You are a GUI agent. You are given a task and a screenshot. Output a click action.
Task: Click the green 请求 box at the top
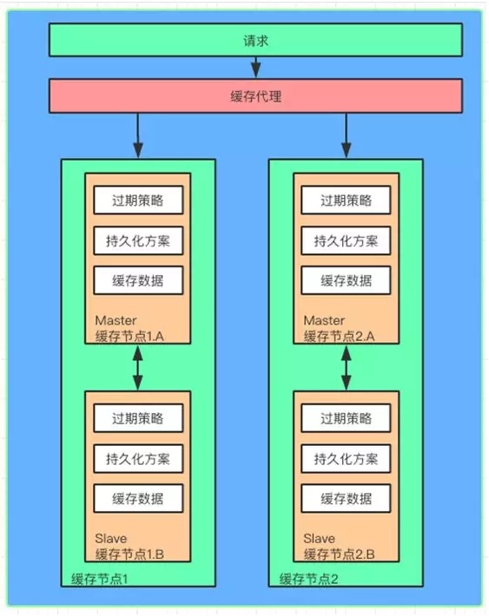pyautogui.click(x=254, y=41)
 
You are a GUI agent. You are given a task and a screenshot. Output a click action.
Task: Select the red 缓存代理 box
pyautogui.click(x=254, y=96)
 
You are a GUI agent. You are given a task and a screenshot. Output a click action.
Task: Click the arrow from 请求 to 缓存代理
pyautogui.click(x=255, y=68)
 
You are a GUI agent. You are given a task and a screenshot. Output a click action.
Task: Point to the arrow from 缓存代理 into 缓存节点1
pyautogui.click(x=137, y=136)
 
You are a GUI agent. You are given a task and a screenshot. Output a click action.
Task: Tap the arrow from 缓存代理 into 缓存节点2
pyautogui.click(x=346, y=136)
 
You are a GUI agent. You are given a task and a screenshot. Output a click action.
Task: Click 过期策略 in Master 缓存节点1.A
pyautogui.click(x=137, y=200)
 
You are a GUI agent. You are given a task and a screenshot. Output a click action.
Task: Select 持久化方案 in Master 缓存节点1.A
pyautogui.click(x=137, y=241)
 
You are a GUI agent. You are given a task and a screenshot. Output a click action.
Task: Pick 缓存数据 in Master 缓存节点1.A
pyautogui.click(x=137, y=280)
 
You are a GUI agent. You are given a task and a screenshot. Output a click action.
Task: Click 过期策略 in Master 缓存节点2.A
pyautogui.click(x=346, y=200)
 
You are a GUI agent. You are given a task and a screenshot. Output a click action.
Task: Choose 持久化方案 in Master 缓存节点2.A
pyautogui.click(x=346, y=241)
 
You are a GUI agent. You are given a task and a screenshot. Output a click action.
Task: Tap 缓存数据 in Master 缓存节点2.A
pyautogui.click(x=346, y=280)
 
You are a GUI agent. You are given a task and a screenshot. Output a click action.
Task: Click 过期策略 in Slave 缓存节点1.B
pyautogui.click(x=137, y=418)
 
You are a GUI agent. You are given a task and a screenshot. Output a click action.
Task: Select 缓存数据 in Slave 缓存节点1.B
pyautogui.click(x=137, y=499)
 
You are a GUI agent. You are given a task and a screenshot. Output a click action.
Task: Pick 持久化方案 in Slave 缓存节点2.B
pyautogui.click(x=346, y=458)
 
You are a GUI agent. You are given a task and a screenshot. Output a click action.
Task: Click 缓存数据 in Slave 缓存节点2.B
pyautogui.click(x=346, y=499)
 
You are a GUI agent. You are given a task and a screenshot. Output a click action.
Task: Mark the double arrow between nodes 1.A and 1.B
pyautogui.click(x=137, y=368)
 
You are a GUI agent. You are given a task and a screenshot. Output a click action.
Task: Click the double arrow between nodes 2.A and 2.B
pyautogui.click(x=346, y=368)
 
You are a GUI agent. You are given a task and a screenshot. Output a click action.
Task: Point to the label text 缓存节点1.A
pyautogui.click(x=129, y=336)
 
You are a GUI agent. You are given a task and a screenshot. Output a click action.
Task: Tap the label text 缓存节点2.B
pyautogui.click(x=338, y=554)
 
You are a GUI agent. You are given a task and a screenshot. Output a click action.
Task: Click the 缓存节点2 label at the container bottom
pyautogui.click(x=308, y=579)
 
